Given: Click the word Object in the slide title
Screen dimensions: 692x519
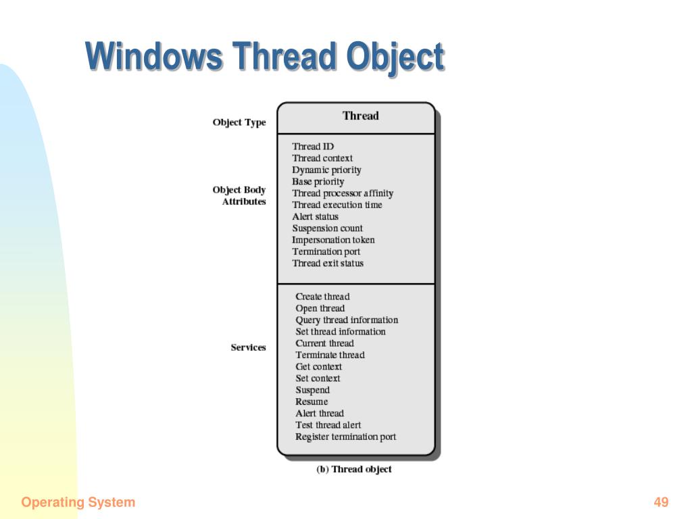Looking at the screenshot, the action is click(395, 57).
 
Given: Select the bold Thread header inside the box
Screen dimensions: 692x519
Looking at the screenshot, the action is click(361, 116).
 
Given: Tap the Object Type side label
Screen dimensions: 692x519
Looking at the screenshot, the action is click(239, 122).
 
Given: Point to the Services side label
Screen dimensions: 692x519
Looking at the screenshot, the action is click(248, 347).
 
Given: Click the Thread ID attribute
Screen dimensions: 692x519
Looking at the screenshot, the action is click(313, 147).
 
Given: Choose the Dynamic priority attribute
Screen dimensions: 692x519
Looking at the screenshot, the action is click(326, 170).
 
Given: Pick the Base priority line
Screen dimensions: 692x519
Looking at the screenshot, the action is click(318, 182).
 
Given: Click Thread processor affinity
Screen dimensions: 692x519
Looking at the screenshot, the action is click(343, 194).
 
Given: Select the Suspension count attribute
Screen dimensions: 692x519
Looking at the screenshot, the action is click(327, 228).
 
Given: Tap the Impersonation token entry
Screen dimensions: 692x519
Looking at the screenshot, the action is click(333, 240).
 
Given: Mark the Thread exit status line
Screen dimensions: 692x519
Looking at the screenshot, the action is click(328, 264).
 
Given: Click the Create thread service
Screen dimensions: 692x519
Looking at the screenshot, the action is click(322, 297).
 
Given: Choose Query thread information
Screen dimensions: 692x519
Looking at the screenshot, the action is click(347, 320).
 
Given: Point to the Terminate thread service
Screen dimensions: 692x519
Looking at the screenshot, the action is click(330, 355).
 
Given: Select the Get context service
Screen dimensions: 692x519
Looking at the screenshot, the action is click(319, 367).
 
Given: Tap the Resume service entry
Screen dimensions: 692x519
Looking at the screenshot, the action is click(312, 401).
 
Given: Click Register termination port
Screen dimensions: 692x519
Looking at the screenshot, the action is click(345, 437).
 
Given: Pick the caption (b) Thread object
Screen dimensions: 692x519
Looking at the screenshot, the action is click(354, 469).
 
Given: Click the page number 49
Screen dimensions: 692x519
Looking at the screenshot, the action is click(661, 502).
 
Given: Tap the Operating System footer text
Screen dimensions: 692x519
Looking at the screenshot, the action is click(78, 503).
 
